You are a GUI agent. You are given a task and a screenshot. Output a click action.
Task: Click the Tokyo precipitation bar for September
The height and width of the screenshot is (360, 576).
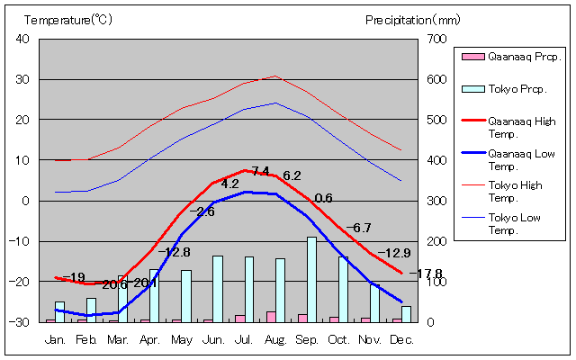point(311,279)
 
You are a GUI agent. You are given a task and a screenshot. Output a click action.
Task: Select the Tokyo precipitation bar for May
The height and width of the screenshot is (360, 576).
point(185,295)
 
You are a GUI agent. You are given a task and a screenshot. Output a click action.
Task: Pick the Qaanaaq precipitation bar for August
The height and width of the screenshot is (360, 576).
point(270,316)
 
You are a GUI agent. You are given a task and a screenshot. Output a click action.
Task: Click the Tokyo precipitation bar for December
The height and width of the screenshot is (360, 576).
point(406,313)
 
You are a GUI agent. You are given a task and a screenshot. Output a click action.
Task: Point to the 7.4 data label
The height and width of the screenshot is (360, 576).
point(260,171)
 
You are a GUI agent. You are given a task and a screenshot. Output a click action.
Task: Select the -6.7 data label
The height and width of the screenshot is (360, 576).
point(358,228)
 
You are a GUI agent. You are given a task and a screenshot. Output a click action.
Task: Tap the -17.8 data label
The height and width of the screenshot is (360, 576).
point(426,274)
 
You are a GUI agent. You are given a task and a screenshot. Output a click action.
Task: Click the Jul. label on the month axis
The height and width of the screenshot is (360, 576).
point(244,339)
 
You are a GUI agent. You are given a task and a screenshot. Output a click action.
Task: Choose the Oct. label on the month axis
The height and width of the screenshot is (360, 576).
point(338,339)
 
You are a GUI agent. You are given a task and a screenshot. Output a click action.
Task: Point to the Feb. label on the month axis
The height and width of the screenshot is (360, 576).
point(86,339)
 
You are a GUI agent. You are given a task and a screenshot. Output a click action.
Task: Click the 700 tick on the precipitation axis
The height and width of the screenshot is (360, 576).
point(436,39)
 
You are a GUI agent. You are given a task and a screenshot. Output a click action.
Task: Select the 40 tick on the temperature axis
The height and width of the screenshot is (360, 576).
point(22,39)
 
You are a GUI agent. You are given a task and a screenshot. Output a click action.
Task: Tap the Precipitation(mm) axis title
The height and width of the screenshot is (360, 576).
point(412,19)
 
